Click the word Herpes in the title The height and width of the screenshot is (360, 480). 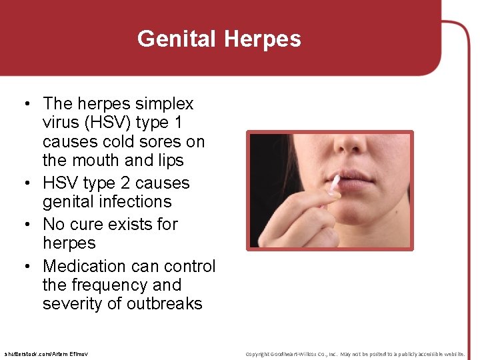pos(263,39)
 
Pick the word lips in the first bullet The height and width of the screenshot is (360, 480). pos(171,161)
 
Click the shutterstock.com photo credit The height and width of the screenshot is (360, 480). pos(45,353)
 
